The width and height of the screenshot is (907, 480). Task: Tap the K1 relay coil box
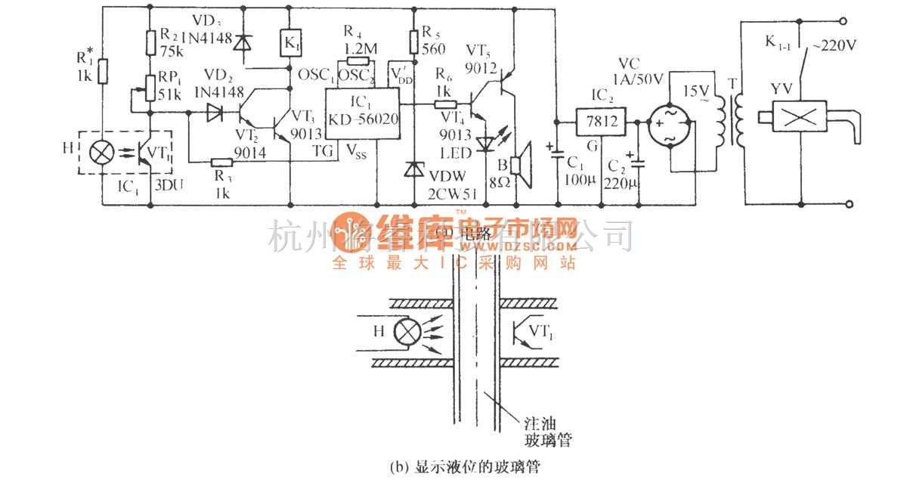pos(291,42)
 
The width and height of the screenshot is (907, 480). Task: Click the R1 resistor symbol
pos(104,72)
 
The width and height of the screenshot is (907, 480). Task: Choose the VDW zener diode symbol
pos(413,169)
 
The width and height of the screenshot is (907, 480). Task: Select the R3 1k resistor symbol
pos(221,162)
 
